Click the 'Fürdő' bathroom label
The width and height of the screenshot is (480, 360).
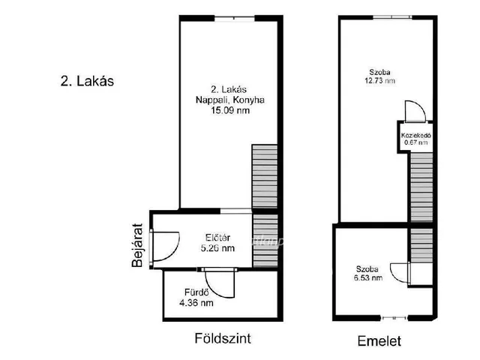coord(195,292)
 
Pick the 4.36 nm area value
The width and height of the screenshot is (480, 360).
coord(196,303)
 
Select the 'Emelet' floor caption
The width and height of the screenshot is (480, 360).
coord(379,341)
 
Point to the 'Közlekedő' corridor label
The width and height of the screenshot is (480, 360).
coord(415,135)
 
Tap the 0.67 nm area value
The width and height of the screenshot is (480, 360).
coord(415,142)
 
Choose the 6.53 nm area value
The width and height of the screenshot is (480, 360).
coord(367,277)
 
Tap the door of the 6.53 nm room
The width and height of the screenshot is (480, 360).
coord(417,271)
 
